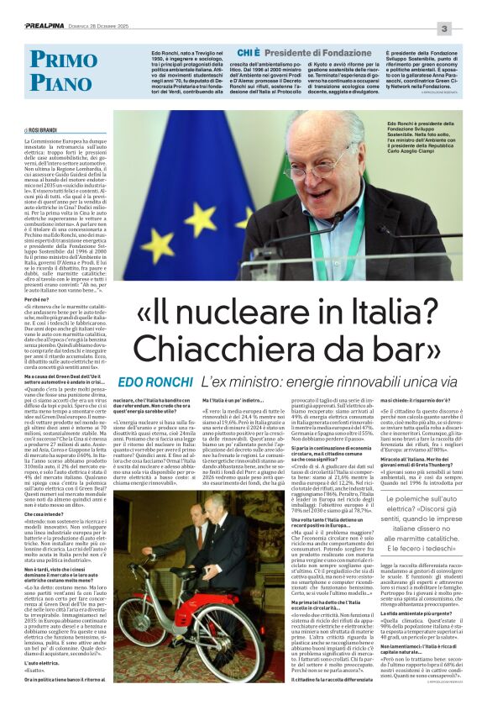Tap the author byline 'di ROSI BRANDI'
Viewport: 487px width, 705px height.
[x=40, y=131]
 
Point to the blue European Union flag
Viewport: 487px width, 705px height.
[x=193, y=202]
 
